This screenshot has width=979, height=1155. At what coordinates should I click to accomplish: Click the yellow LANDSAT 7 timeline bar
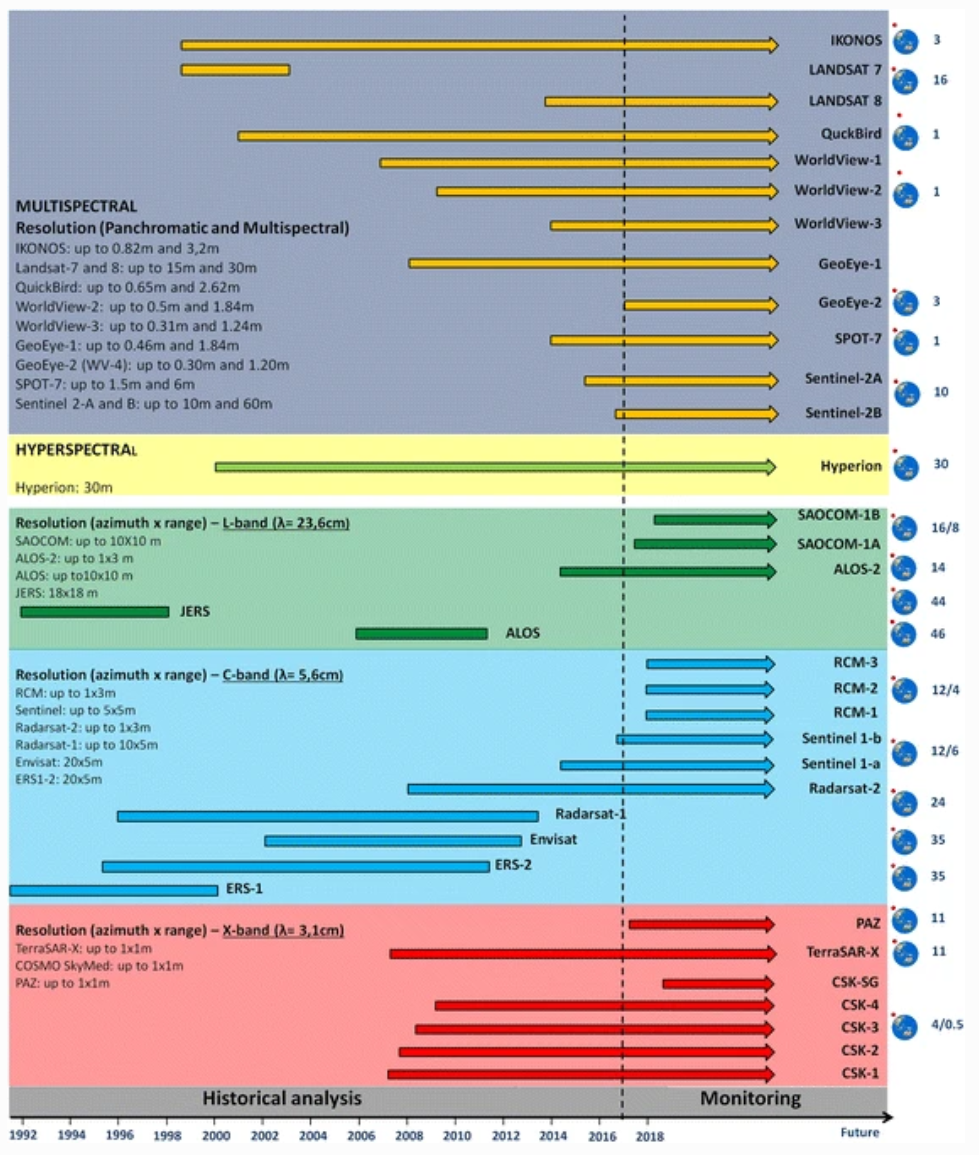[235, 70]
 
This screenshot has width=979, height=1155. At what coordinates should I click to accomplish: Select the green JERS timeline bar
[95, 612]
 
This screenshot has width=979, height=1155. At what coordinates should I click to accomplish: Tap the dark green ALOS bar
[421, 634]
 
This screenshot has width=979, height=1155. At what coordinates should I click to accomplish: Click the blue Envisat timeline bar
[393, 841]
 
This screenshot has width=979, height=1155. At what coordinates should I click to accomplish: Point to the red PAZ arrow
[701, 924]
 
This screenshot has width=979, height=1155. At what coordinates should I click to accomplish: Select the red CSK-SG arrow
[718, 983]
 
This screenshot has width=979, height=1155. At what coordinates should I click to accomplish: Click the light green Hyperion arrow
[495, 467]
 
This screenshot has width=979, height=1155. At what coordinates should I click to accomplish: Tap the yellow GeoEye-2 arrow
[701, 305]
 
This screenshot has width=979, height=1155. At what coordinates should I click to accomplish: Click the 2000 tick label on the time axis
[216, 1135]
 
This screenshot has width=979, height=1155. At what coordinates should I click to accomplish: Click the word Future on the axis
[859, 1132]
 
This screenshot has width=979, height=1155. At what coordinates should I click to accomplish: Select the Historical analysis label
[282, 1098]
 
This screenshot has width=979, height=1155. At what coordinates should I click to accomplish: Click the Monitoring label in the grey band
[750, 1098]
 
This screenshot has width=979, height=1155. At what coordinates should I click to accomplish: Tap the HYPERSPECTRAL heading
[76, 450]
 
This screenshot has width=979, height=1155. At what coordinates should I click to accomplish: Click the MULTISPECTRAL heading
[76, 206]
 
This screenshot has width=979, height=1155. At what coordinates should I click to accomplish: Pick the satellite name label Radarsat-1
[591, 814]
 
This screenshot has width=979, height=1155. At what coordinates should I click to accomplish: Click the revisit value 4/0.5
[947, 1024]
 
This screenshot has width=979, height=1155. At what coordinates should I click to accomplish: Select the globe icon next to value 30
[906, 468]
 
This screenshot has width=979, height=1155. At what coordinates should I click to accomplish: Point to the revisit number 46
[937, 634]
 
